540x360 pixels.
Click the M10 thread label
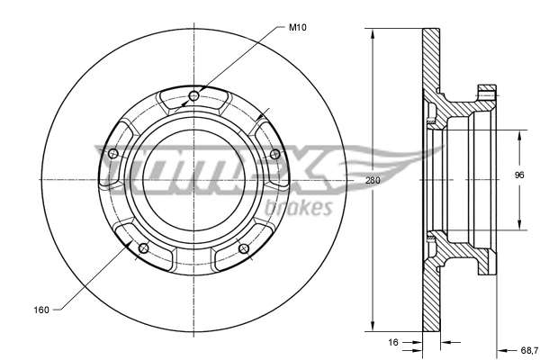point(297,27)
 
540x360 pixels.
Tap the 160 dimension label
point(41,310)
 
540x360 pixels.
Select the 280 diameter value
point(373,180)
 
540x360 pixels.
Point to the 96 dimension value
point(519,175)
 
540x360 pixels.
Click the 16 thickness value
point(393,342)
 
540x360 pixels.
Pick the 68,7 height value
point(529,350)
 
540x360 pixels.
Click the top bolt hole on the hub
point(193,96)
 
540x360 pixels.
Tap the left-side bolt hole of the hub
point(113,154)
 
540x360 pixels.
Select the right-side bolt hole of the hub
point(274,154)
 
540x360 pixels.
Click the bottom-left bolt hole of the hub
point(143,248)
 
